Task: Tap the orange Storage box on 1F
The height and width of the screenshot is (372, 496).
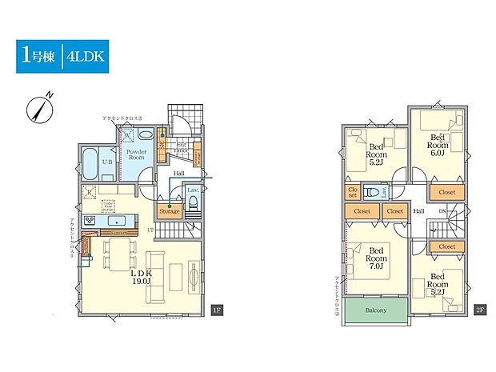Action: pyautogui.click(x=170, y=211)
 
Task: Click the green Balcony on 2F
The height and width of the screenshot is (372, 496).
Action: pyautogui.click(x=376, y=310)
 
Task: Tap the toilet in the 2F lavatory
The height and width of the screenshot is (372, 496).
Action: pyautogui.click(x=373, y=192)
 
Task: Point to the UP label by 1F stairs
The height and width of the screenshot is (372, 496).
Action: pyautogui.click(x=150, y=230)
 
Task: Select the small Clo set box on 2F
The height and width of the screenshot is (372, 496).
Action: pyautogui.click(x=352, y=193)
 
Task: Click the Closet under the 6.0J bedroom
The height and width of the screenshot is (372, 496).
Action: pyautogui.click(x=447, y=193)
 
